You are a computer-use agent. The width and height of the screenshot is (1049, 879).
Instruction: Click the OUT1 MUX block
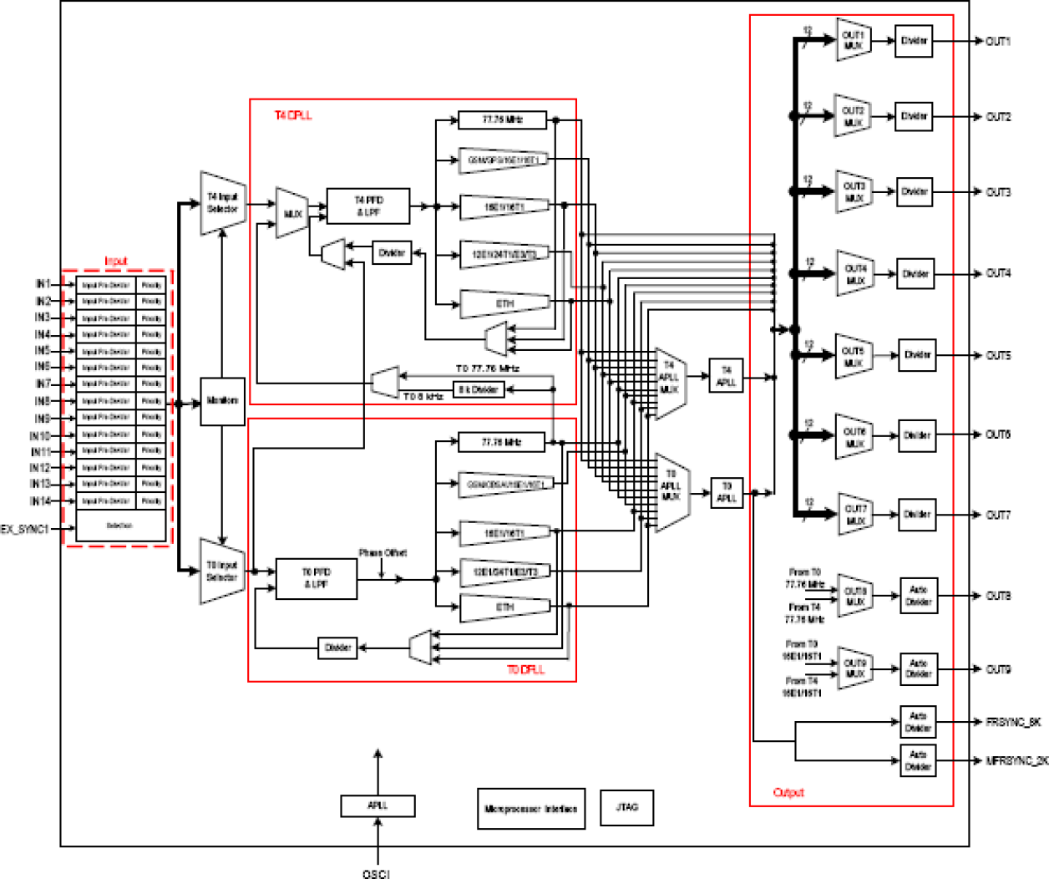pos(854,40)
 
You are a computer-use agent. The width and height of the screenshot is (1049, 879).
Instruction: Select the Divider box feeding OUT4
pos(915,273)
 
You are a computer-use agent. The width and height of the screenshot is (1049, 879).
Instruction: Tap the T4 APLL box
pos(726,376)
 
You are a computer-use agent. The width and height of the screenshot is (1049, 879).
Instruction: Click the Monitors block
pos(222,401)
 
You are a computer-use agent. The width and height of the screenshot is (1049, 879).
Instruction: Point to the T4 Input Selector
pos(222,203)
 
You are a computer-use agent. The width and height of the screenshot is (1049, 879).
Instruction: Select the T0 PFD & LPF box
pos(317,578)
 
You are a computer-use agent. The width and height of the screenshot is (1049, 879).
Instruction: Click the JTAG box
pos(626,807)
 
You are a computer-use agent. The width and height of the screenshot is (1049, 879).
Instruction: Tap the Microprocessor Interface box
pos(530,809)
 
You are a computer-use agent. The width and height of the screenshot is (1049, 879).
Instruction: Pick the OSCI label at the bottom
pos(377,873)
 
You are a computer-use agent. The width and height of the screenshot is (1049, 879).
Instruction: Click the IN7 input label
pos(43,384)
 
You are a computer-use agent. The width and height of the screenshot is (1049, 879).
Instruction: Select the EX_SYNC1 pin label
pos(25,529)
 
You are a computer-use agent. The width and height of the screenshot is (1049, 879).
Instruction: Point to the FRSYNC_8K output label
pos(1012,722)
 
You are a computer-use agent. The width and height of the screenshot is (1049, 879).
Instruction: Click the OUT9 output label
pos(998,669)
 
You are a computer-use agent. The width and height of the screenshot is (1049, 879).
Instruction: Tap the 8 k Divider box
pos(479,389)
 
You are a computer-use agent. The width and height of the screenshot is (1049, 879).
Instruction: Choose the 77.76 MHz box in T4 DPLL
pos(502,119)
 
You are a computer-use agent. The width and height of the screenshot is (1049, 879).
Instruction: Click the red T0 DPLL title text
pos(525,669)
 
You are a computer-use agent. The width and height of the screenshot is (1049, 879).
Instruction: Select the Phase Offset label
pos(383,553)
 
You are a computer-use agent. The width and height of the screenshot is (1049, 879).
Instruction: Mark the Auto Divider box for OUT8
pos(918,596)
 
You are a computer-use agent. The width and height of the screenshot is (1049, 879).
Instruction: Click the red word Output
pos(788,792)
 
